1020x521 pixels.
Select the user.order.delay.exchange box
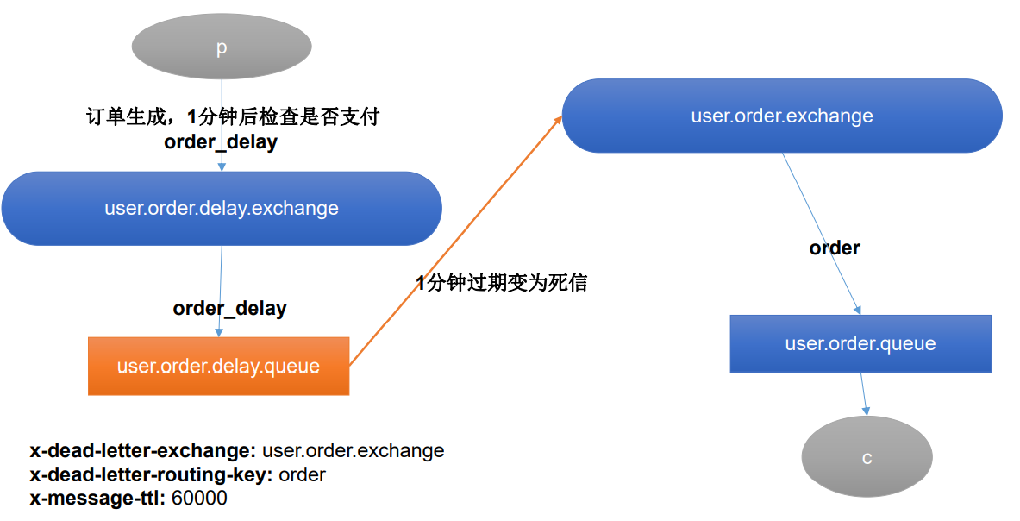(222, 208)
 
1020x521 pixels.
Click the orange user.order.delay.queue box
(218, 366)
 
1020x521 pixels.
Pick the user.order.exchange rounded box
(782, 116)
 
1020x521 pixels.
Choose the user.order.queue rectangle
(860, 343)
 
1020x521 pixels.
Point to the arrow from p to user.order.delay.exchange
(222, 95)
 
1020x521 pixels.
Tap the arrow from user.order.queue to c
(864, 394)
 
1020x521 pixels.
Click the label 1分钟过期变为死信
(501, 283)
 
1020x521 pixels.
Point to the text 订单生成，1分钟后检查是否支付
(233, 117)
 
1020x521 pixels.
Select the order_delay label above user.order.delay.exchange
(221, 142)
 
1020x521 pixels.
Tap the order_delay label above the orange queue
(229, 308)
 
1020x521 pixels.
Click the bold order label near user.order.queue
(834, 248)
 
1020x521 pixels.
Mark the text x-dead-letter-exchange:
(143, 450)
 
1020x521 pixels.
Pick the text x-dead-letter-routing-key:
(152, 474)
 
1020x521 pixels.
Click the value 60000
(199, 498)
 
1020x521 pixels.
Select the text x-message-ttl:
(98, 498)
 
